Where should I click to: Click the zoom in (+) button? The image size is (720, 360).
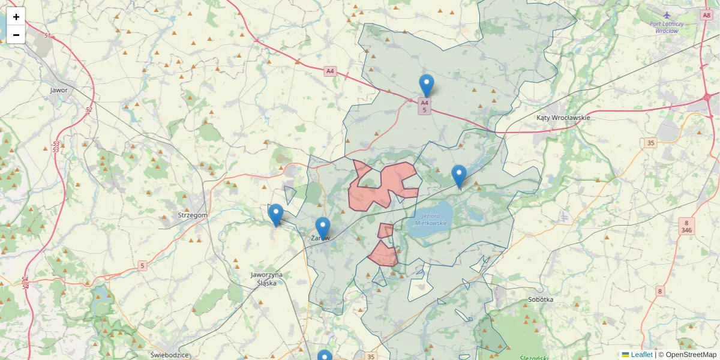point(16,17)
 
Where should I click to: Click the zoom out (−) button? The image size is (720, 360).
point(16,35)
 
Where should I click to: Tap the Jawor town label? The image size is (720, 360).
point(59,90)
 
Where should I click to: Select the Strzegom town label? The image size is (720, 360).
point(193,215)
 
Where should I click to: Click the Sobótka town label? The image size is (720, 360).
point(541,299)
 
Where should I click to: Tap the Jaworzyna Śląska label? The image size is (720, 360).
point(267,278)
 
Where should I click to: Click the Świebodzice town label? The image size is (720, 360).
point(170,354)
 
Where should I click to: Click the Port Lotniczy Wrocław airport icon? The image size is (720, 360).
point(667,14)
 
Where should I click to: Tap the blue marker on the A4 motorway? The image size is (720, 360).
point(427,86)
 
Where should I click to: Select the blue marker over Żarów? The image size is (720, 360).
point(323,228)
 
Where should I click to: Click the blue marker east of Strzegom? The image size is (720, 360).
point(276,215)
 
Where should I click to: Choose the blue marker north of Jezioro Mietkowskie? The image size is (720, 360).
point(459,176)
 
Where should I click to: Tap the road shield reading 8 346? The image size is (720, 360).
point(687,226)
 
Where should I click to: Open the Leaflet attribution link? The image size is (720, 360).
point(641,355)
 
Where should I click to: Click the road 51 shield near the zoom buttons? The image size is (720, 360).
point(47,36)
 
